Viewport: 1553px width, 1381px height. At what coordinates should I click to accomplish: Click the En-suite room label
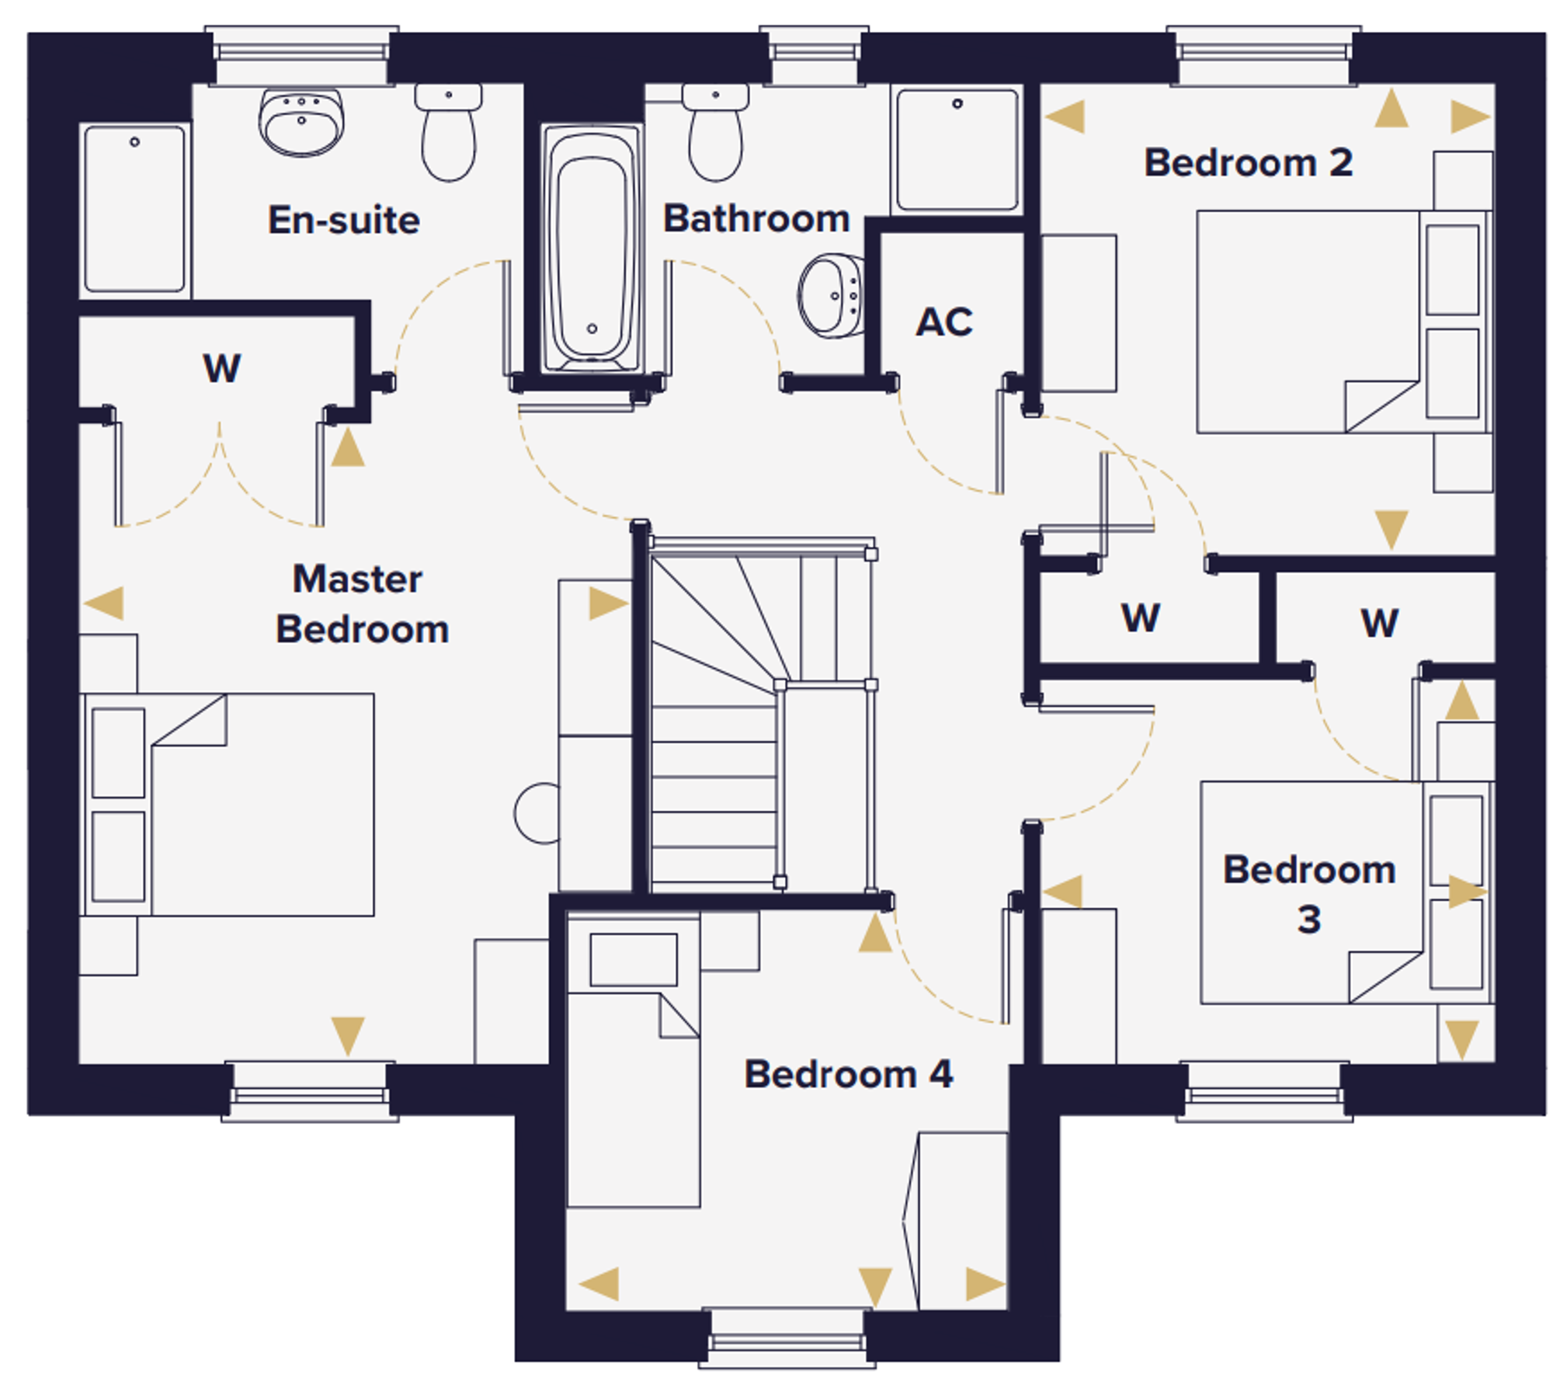point(344,220)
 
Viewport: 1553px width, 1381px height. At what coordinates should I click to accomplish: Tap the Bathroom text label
point(756,218)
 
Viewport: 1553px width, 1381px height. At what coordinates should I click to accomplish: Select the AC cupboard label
point(944,322)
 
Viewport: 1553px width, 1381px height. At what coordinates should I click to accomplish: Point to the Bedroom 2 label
point(1249,162)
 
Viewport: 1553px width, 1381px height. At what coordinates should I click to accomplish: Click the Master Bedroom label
point(362,604)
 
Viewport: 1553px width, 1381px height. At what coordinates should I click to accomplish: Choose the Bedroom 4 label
point(849,1074)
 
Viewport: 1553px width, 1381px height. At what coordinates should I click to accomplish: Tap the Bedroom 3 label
point(1309,894)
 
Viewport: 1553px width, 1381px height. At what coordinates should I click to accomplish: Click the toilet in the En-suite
point(449,132)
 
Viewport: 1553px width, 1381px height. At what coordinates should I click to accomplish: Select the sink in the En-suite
point(301,123)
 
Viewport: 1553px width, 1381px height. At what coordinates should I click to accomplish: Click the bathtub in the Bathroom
point(592,248)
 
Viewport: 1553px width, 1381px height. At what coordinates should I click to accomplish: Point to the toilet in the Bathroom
point(715,132)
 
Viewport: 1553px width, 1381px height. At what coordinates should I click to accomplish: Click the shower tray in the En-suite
point(135,210)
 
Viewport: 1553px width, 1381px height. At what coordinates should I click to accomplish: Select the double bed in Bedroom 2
point(1344,322)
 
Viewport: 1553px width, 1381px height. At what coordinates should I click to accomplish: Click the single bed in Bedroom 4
point(634,1060)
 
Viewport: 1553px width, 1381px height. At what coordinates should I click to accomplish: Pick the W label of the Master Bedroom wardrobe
point(222,368)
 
